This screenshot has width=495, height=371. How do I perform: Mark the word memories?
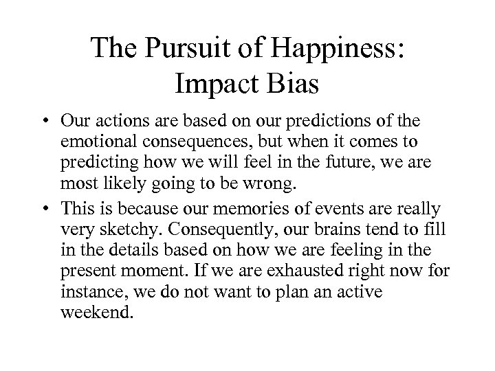click(276, 209)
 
